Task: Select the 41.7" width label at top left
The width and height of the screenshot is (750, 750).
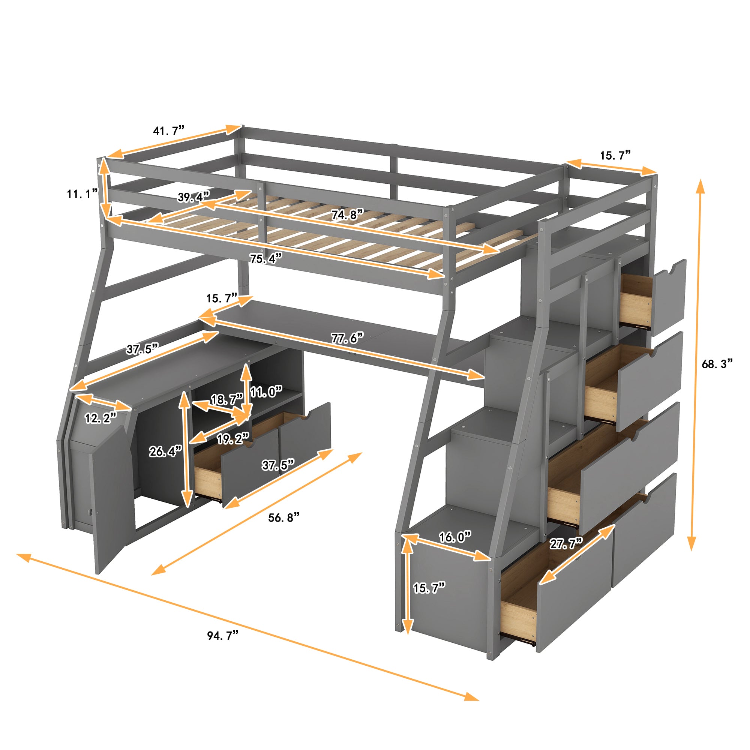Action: tap(168, 131)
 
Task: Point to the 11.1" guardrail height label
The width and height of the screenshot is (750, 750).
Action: tap(82, 194)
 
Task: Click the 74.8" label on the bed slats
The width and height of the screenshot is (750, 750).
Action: tap(347, 214)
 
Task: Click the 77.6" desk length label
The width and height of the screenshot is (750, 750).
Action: tap(347, 339)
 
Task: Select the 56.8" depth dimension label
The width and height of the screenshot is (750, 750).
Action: tap(284, 517)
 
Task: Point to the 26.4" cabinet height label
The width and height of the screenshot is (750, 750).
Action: tap(165, 451)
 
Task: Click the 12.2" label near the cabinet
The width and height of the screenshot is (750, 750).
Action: tap(100, 418)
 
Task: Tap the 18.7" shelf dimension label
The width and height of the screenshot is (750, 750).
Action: tap(227, 399)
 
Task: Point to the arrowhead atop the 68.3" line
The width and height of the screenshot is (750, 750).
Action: tap(700, 186)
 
